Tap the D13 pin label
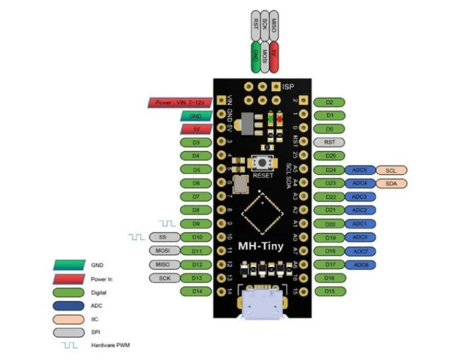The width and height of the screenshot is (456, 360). click(196, 278)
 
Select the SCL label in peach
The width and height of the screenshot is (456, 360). click(391, 170)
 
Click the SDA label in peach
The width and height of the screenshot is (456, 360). click(391, 183)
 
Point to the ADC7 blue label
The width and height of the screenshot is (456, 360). click(360, 251)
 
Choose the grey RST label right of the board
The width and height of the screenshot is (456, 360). click(329, 142)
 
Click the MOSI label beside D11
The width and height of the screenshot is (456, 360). click(161, 251)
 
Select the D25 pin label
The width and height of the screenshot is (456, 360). click(329, 156)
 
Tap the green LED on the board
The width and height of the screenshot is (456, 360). click(272, 118)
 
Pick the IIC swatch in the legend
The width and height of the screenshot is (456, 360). click(70, 320)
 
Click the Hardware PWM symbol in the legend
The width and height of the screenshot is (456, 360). click(70, 345)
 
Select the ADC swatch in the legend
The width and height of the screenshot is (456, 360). click(70, 306)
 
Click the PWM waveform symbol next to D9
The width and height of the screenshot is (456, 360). click(167, 223)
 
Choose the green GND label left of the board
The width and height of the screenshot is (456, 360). click(196, 116)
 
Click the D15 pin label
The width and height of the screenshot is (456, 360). click(329, 291)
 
